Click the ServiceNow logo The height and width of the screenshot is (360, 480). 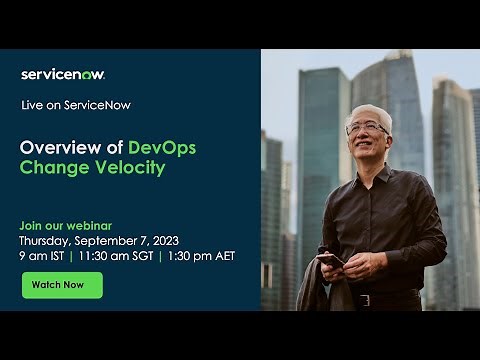click(63, 74)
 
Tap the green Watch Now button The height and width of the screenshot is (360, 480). click(62, 285)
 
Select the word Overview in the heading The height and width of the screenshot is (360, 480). click(59, 148)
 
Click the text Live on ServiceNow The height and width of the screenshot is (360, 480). click(76, 105)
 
